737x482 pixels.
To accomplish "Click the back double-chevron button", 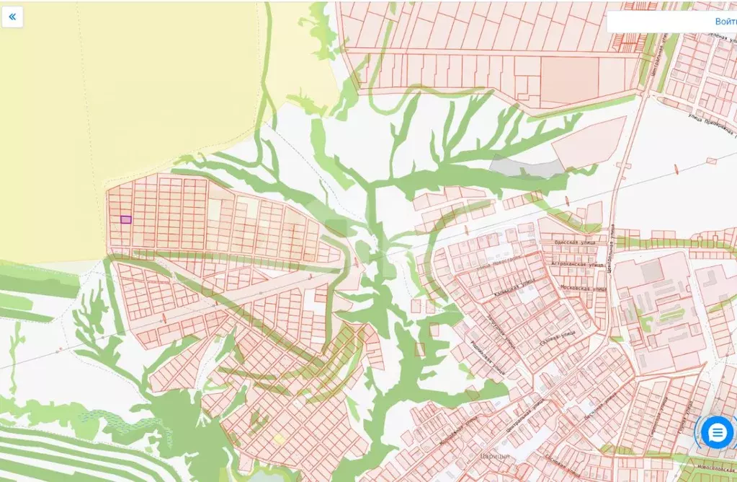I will click(x=12, y=17).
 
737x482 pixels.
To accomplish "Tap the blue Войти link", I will click(x=725, y=22).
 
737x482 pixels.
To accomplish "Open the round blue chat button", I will click(x=717, y=433).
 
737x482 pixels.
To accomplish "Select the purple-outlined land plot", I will click(x=125, y=219).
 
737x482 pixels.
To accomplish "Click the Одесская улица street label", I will click(x=579, y=242).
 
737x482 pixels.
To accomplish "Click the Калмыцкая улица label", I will click(x=514, y=289).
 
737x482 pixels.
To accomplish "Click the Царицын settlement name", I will click(x=495, y=456).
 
